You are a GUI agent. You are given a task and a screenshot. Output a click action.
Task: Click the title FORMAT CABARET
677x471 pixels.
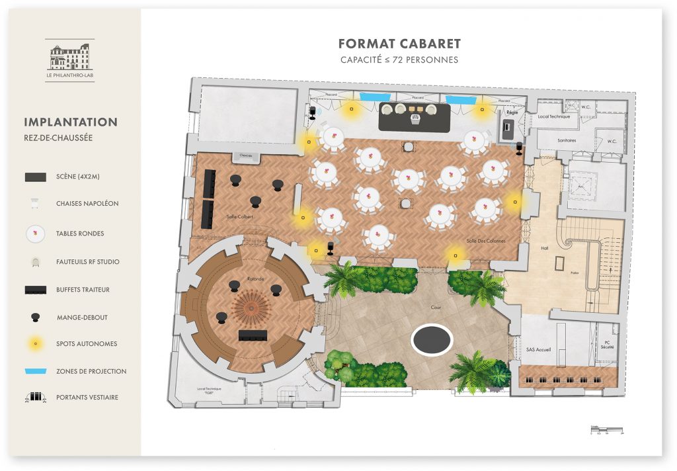[x=399, y=44]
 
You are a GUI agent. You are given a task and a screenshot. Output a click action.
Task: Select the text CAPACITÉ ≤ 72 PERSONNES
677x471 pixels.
[x=399, y=60]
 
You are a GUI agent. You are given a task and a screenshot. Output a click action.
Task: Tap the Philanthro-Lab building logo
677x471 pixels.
[x=69, y=57]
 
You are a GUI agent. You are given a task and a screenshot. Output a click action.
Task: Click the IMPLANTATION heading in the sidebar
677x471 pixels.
[x=71, y=122]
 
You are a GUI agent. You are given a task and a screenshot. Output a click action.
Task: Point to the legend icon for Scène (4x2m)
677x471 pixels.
[x=35, y=177]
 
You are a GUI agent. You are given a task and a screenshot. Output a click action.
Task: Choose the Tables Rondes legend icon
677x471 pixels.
[x=35, y=234]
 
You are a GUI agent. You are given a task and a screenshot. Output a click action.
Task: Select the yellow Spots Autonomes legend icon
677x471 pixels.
[x=35, y=343]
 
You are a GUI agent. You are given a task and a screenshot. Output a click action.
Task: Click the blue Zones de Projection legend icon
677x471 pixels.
[x=35, y=372]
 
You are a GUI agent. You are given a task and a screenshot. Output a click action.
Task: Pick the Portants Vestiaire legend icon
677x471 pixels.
[x=35, y=398]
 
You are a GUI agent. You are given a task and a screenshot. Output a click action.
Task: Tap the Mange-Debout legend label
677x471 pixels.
[x=82, y=318]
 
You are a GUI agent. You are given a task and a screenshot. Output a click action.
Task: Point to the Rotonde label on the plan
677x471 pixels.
[x=256, y=279]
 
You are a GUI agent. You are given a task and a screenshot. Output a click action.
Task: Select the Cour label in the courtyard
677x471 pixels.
[x=436, y=308]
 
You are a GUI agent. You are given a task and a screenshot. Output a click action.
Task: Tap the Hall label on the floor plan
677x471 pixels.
[x=543, y=248]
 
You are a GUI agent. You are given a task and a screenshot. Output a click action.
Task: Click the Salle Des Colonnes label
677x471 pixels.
[x=485, y=241]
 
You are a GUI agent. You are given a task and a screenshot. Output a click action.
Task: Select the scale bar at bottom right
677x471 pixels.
[x=607, y=431]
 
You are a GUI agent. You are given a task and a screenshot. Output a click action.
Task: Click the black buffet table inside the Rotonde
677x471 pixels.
[x=253, y=335]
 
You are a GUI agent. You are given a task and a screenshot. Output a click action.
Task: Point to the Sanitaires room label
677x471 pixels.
[x=567, y=141]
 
